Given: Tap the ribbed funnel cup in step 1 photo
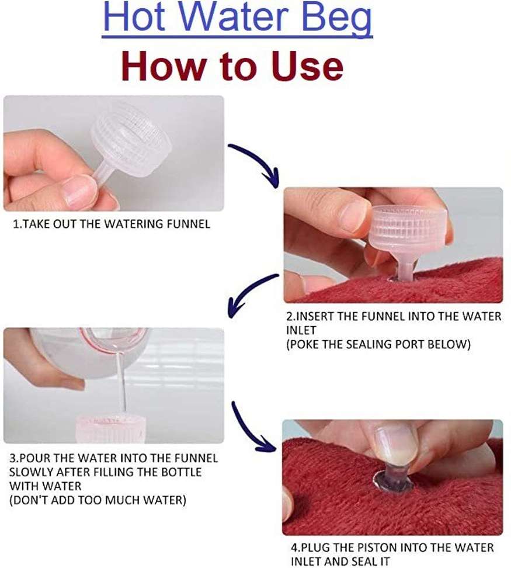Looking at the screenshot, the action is [x=131, y=143].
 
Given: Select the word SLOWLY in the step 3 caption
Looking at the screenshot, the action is [x=31, y=472].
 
